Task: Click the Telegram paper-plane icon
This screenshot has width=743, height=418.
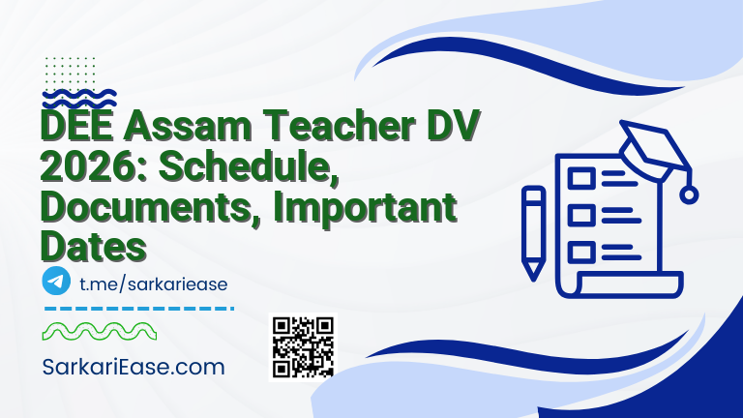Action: point(57,282)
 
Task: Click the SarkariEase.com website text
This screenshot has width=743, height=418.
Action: point(134,368)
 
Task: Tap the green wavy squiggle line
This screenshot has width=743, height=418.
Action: point(102,332)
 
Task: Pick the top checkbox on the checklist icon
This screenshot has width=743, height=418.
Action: point(581,178)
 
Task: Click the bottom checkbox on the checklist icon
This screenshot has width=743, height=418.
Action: point(581,252)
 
